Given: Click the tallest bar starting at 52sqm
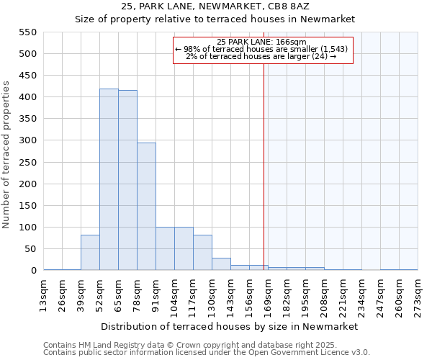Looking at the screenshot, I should click(109, 180).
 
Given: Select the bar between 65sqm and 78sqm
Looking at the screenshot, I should click(127, 181).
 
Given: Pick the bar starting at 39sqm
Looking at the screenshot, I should click(90, 253).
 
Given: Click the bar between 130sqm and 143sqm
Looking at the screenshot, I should click(221, 264).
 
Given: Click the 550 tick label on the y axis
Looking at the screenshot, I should click(27, 32).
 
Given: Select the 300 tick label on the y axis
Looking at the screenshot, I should click(27, 141).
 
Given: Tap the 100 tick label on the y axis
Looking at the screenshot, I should click(27, 228).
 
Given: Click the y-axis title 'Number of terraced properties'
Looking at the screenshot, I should click(6, 155).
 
